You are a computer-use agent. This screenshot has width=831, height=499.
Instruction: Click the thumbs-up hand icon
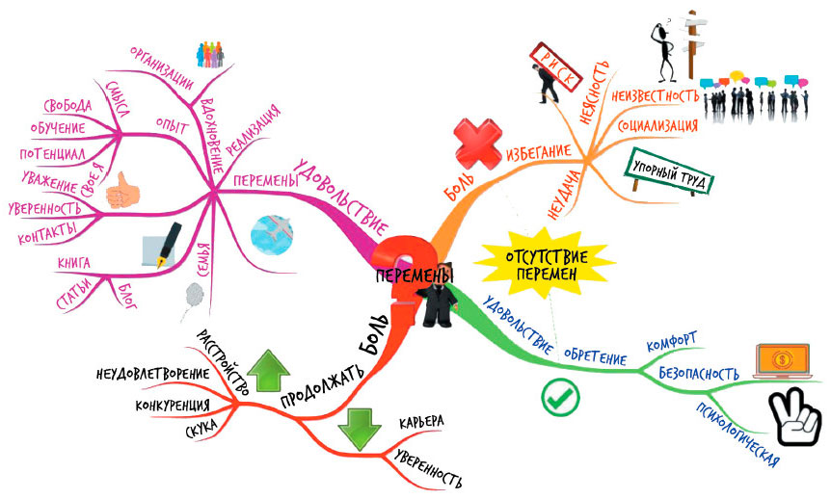click(121, 189)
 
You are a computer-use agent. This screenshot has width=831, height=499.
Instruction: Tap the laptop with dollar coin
click(782, 363)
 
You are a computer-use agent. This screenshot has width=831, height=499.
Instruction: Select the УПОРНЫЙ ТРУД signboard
click(662, 174)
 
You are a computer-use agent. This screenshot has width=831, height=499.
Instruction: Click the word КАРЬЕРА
click(421, 422)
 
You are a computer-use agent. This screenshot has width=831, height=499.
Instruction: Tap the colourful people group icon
click(209, 55)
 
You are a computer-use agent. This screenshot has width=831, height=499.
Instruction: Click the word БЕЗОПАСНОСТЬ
click(701, 372)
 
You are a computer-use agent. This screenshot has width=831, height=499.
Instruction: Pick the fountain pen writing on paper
click(162, 246)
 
